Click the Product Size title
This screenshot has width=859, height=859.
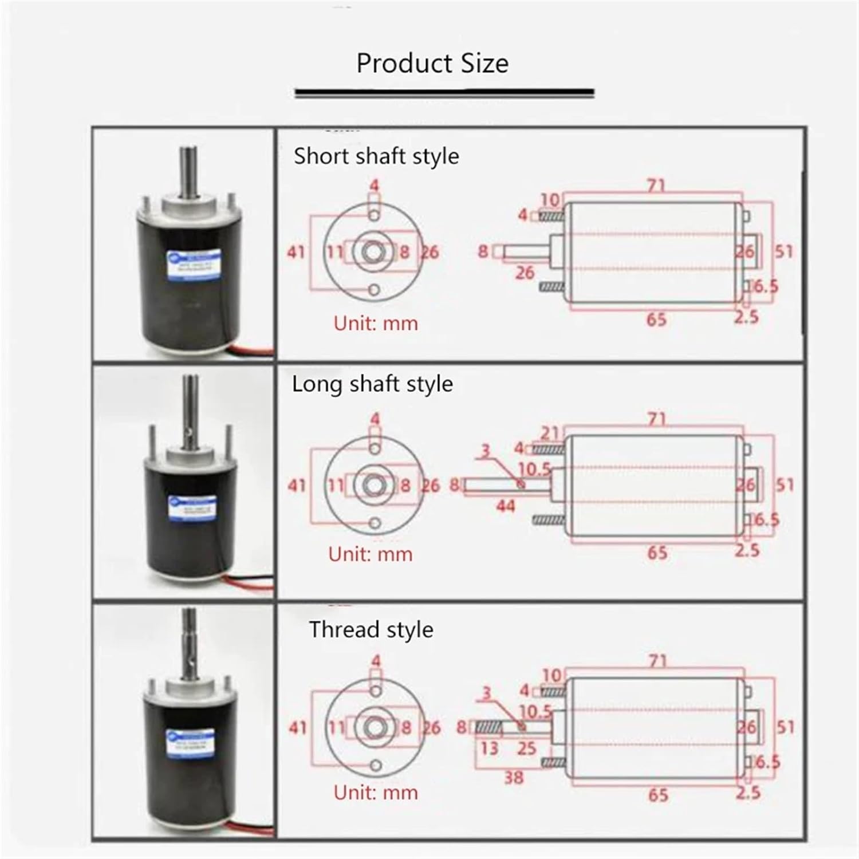click(x=432, y=63)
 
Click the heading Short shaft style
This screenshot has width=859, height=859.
click(x=376, y=156)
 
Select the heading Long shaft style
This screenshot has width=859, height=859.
click(x=372, y=384)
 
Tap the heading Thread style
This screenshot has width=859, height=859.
click(x=371, y=629)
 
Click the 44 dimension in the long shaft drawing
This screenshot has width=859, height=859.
click(x=505, y=506)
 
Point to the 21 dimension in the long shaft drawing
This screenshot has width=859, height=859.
click(x=549, y=434)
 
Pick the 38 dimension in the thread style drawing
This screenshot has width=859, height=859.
click(x=514, y=777)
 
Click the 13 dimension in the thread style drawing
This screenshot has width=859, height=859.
click(x=488, y=748)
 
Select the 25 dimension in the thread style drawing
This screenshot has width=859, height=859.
click(x=526, y=748)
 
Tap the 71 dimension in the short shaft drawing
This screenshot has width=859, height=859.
click(x=656, y=186)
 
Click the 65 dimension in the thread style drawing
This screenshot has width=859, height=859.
click(x=658, y=795)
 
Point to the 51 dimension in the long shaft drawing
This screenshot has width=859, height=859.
click(x=785, y=485)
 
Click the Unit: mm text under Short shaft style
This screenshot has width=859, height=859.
click(x=376, y=324)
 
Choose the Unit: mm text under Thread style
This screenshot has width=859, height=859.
click(x=376, y=793)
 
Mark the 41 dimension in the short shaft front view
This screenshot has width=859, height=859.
click(x=296, y=252)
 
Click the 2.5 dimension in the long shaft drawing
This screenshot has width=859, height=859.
click(x=747, y=550)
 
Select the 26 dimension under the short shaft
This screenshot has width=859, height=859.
click(x=525, y=273)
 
